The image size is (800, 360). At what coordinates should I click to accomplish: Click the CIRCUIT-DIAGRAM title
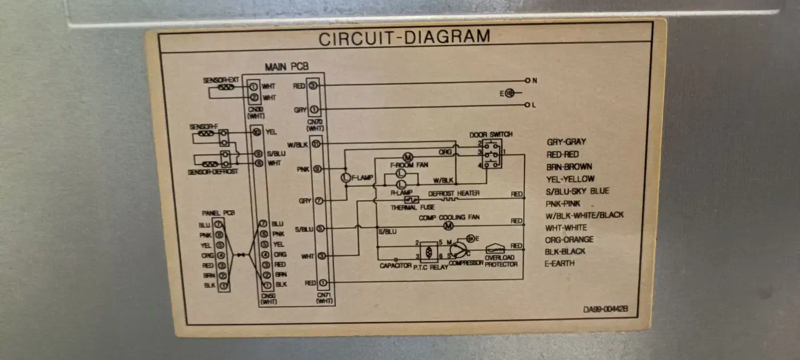pyautogui.click(x=404, y=37)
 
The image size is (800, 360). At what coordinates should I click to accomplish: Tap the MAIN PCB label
pyautogui.click(x=286, y=67)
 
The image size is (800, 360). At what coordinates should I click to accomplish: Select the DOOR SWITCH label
pyautogui.click(x=491, y=135)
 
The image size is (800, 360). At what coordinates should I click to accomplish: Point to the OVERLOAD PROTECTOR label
pyautogui.click(x=501, y=261)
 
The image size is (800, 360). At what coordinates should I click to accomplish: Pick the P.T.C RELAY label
pyautogui.click(x=431, y=267)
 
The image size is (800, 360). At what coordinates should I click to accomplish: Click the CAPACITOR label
pyautogui.click(x=395, y=265)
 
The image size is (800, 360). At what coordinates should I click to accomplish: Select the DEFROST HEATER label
pyautogui.click(x=454, y=193)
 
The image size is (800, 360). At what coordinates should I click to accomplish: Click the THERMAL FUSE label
pyautogui.click(x=412, y=207)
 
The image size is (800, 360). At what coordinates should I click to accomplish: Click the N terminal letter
pyautogui.click(x=534, y=81)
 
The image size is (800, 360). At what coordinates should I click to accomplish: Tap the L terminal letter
pyautogui.click(x=534, y=105)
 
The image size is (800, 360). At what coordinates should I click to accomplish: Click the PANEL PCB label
pyautogui.click(x=218, y=212)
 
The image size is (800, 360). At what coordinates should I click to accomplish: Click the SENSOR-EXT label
pyautogui.click(x=221, y=81)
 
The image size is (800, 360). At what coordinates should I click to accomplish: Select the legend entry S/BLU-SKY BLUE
pyautogui.click(x=578, y=191)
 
